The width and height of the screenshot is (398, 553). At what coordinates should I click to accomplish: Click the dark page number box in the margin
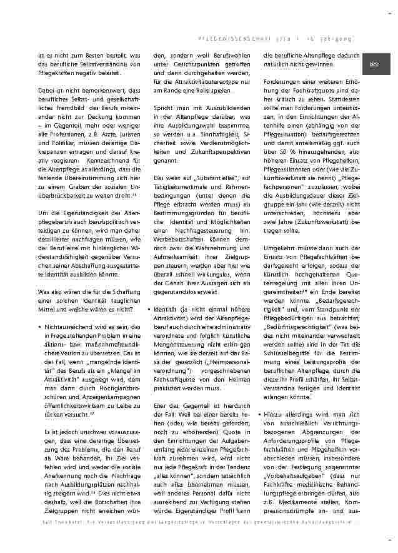(376, 64)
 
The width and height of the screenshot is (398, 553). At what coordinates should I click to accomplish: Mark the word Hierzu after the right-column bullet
(280, 414)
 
